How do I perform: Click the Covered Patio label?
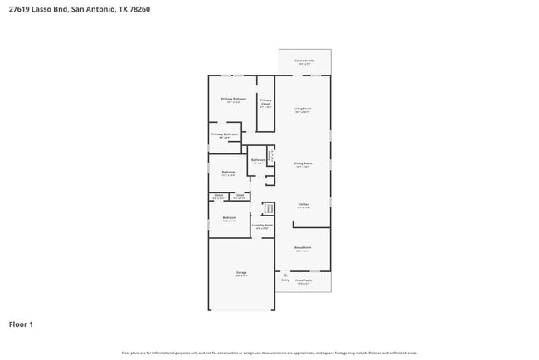click(304, 61)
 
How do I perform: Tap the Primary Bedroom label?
click(233, 100)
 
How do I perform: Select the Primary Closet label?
click(265, 101)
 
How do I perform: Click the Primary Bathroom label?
click(224, 134)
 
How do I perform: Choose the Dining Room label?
click(303, 164)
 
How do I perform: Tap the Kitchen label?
click(303, 205)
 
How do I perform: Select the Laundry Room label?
click(262, 226)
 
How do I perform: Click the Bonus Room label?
click(303, 248)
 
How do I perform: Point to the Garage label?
click(241, 273)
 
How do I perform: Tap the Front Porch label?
click(303, 281)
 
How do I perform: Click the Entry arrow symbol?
click(285, 275)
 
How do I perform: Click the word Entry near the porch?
click(285, 280)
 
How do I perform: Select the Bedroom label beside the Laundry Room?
click(229, 218)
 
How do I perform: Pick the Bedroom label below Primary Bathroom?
click(229, 173)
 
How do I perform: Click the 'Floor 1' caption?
click(21, 324)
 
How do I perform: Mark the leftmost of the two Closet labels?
click(218, 196)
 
